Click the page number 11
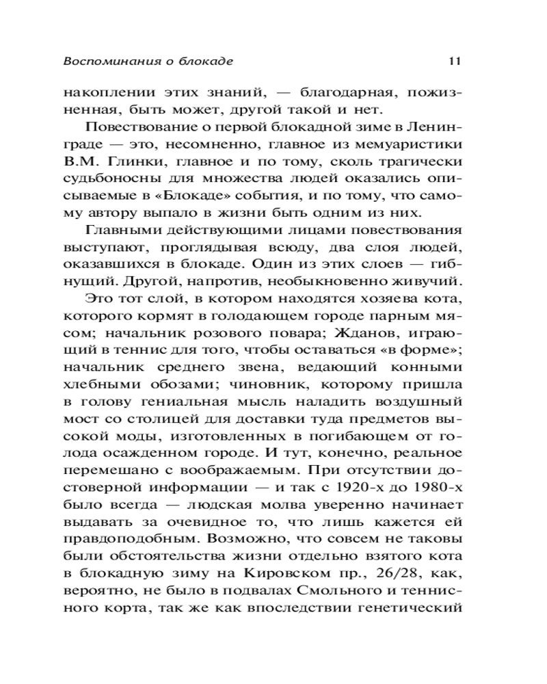click(453, 61)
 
